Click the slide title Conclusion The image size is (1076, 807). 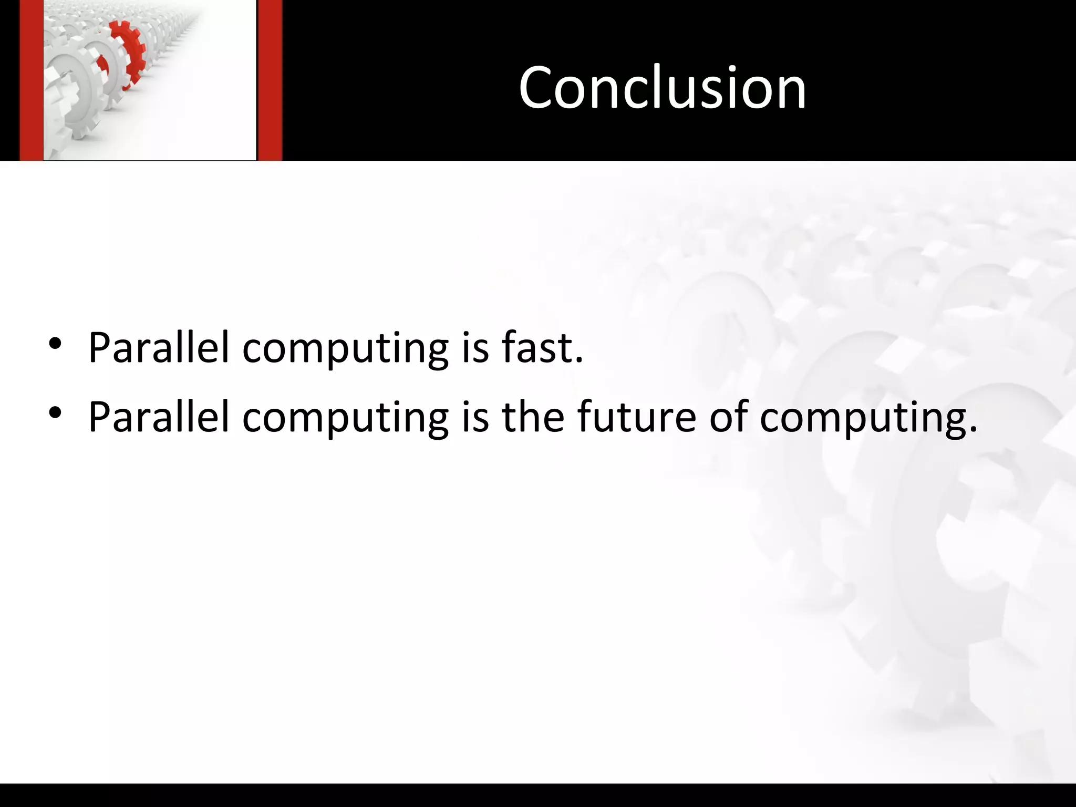[x=662, y=87]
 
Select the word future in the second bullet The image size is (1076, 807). [x=636, y=416]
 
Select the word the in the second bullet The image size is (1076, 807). [x=533, y=416]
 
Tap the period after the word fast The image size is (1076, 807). [x=579, y=360]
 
